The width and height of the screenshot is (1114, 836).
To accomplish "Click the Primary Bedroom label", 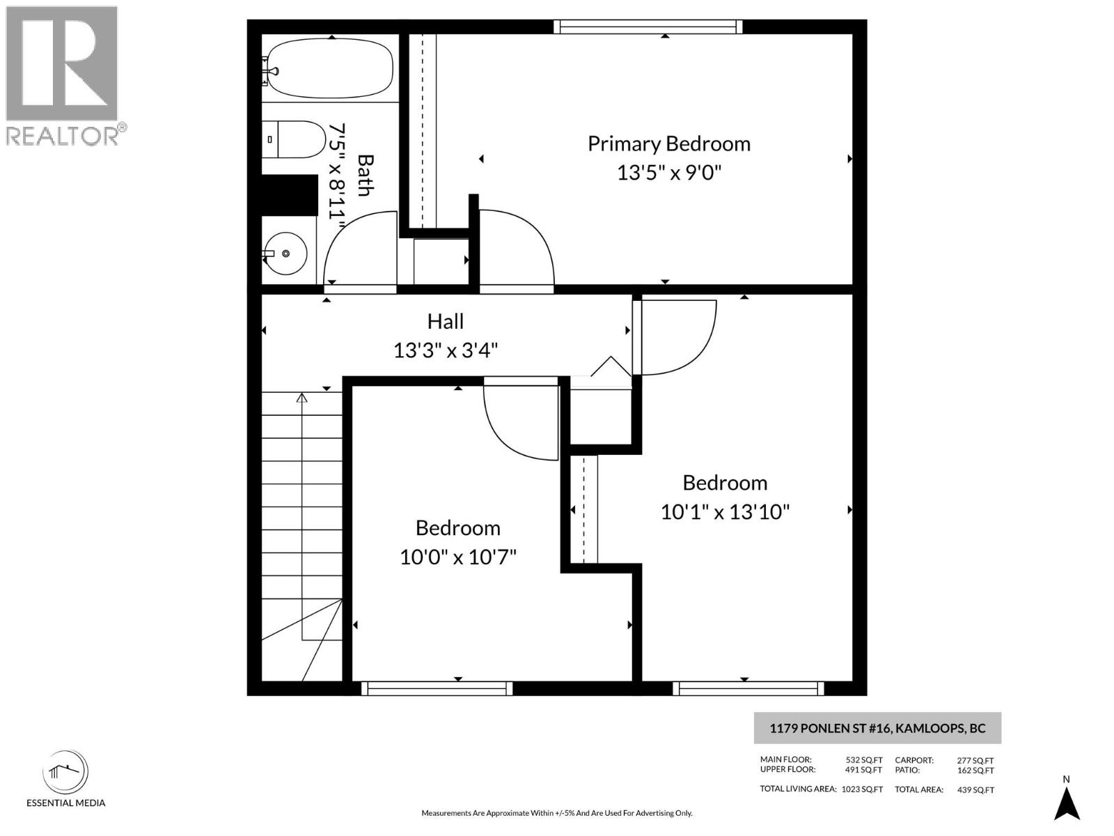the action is tap(668, 144).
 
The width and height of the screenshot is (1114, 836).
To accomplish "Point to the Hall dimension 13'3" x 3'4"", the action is tap(446, 350).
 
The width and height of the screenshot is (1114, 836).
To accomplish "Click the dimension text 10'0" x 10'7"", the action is tap(457, 557).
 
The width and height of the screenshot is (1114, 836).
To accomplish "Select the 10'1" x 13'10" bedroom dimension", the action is tap(725, 512).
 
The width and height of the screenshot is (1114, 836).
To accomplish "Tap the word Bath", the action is tap(364, 176).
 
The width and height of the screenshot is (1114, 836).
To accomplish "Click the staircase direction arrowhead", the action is tap(301, 398).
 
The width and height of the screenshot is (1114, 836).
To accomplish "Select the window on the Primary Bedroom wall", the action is tap(648, 26).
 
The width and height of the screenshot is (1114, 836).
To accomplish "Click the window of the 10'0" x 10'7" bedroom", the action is tap(437, 688).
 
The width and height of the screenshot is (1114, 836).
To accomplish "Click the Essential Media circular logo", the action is tap(65, 772).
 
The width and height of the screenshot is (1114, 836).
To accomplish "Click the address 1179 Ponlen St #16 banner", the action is tap(877, 729).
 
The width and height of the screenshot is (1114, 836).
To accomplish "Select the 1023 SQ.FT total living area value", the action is tap(862, 789).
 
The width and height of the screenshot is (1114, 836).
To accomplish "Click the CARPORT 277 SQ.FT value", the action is tap(975, 761).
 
